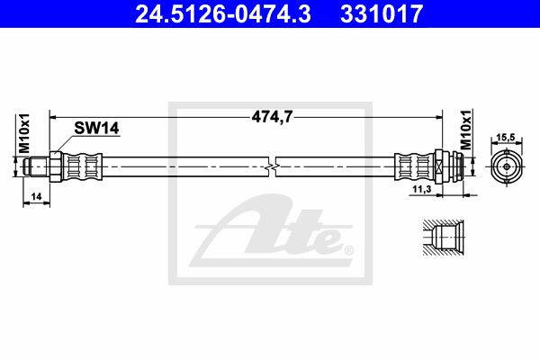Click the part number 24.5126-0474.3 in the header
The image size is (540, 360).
coord(223,13)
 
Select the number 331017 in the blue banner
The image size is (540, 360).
coord(382,13)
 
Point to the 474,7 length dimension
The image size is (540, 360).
coord(272,117)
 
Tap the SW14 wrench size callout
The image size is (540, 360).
coord(97,128)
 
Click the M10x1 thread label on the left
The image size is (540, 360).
coord(24,133)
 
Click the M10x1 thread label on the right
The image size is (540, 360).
coord(466,130)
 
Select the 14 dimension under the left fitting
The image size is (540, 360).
coord(36,197)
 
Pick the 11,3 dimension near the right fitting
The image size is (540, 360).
coord(422,189)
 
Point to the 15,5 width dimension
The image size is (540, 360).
coord(506,138)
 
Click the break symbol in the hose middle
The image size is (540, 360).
coord(272,167)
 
